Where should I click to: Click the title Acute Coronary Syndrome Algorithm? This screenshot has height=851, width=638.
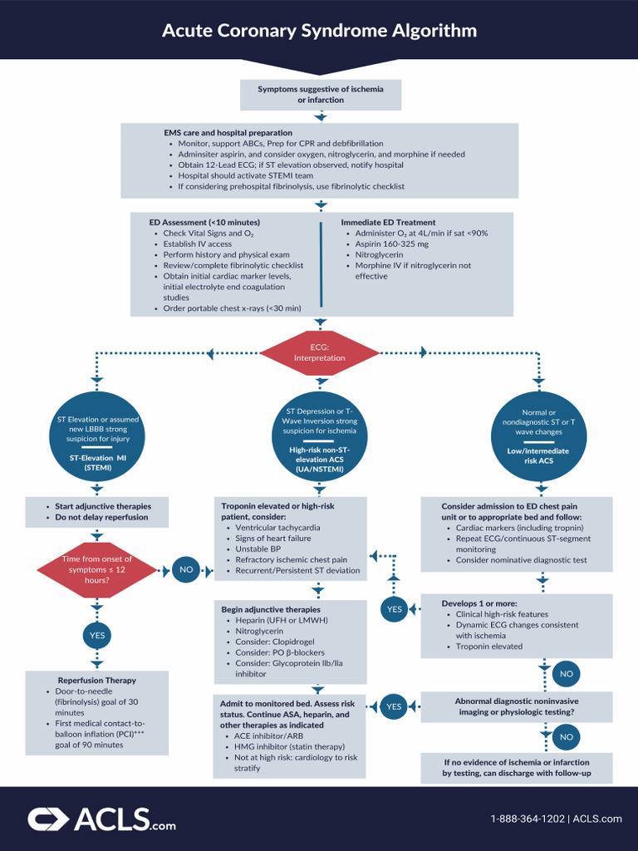pyautogui.click(x=319, y=31)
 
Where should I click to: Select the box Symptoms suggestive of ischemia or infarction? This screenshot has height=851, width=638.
pyautogui.click(x=320, y=95)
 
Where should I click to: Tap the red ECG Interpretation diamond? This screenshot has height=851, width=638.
pyautogui.click(x=320, y=352)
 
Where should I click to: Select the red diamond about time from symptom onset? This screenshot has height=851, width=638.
pyautogui.click(x=96, y=569)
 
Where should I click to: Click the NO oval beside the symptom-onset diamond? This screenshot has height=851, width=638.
pyautogui.click(x=186, y=570)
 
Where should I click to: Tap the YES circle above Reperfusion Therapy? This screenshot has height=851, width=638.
pyautogui.click(x=96, y=636)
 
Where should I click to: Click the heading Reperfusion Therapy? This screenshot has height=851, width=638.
pyautogui.click(x=96, y=680)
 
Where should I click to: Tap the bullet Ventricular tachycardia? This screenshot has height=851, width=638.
pyautogui.click(x=277, y=528)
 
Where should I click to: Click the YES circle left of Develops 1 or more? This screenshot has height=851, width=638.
pyautogui.click(x=394, y=609)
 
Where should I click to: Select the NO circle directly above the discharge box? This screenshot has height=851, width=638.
pyautogui.click(x=566, y=736)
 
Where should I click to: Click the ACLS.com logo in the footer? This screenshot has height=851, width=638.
pyautogui.click(x=101, y=819)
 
